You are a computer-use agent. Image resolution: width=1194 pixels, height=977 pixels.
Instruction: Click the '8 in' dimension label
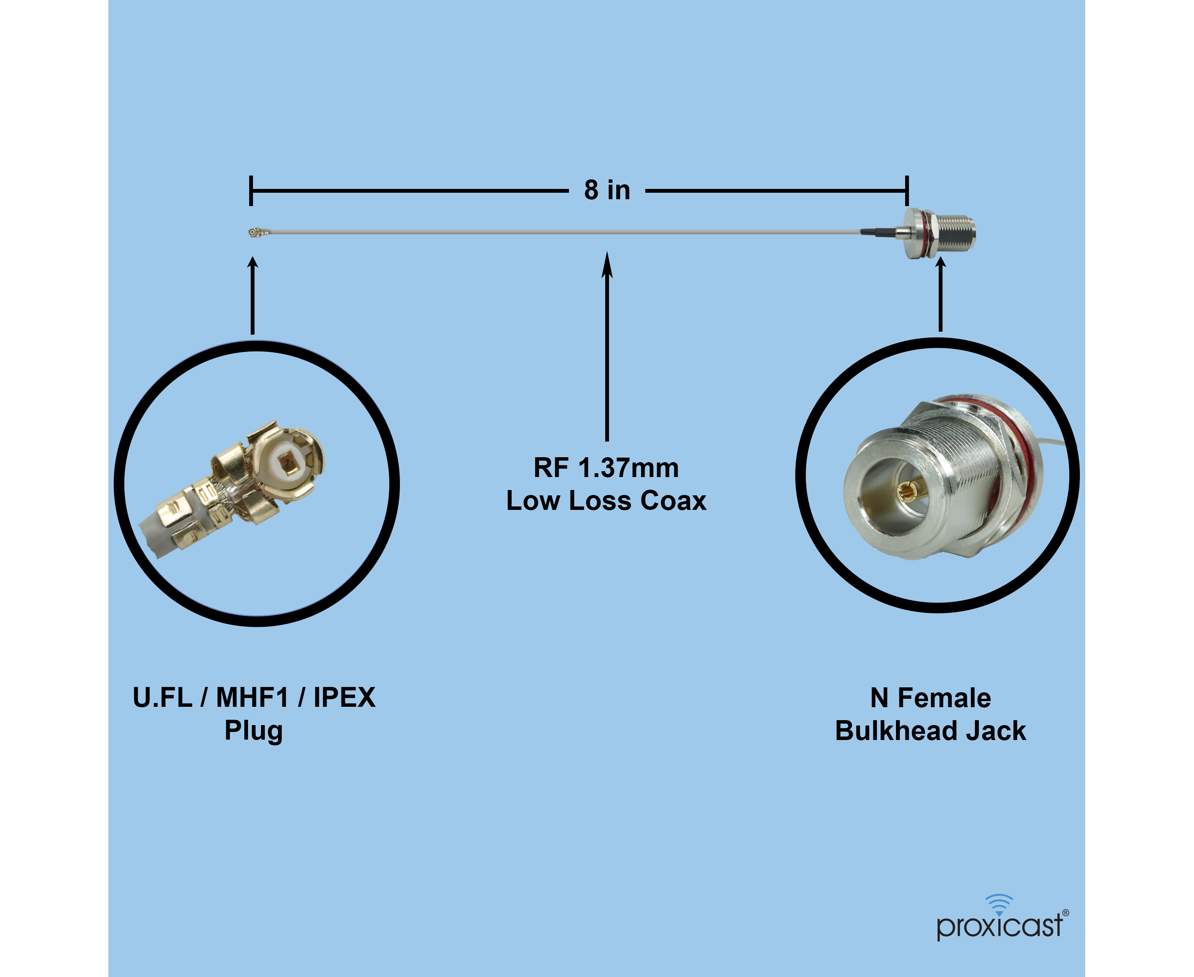pos(607,190)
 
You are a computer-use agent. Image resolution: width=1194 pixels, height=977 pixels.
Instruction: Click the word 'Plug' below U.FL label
pos(254,730)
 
